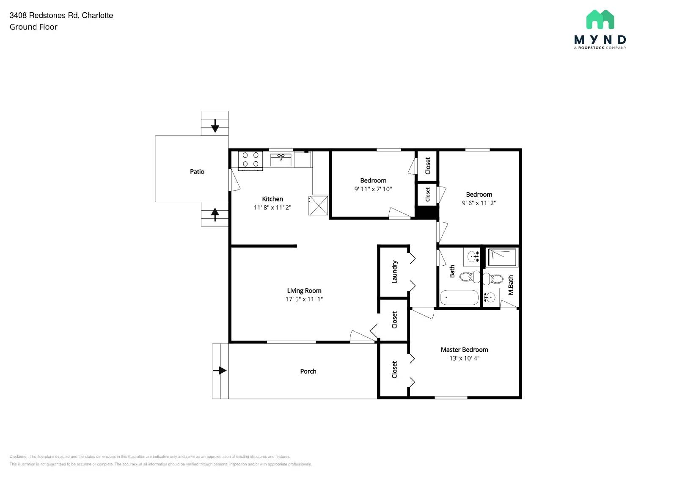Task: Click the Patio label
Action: pyautogui.click(x=197, y=171)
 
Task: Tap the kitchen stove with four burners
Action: pyautogui.click(x=250, y=160)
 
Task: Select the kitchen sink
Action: pyautogui.click(x=281, y=160)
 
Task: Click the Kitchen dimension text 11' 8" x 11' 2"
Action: pyautogui.click(x=272, y=207)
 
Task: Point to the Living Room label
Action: pyautogui.click(x=304, y=290)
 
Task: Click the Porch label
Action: pyautogui.click(x=308, y=371)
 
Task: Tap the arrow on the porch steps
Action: pyautogui.click(x=220, y=371)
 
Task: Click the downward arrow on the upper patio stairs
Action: pyautogui.click(x=215, y=126)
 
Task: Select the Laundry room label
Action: pyautogui.click(x=394, y=272)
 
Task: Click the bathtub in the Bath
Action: pyautogui.click(x=459, y=297)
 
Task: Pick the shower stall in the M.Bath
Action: pyautogui.click(x=502, y=257)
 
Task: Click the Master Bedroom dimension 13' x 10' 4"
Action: pyautogui.click(x=464, y=358)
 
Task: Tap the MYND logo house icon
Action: pyautogui.click(x=600, y=19)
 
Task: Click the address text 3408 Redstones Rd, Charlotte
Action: pyautogui.click(x=61, y=15)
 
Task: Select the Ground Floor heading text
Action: pyautogui.click(x=33, y=27)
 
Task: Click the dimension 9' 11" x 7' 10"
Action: pyautogui.click(x=373, y=189)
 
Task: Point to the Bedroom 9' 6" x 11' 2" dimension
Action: pyautogui.click(x=479, y=203)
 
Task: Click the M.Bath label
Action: pyautogui.click(x=510, y=285)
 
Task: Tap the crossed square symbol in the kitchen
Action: pyautogui.click(x=318, y=205)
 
